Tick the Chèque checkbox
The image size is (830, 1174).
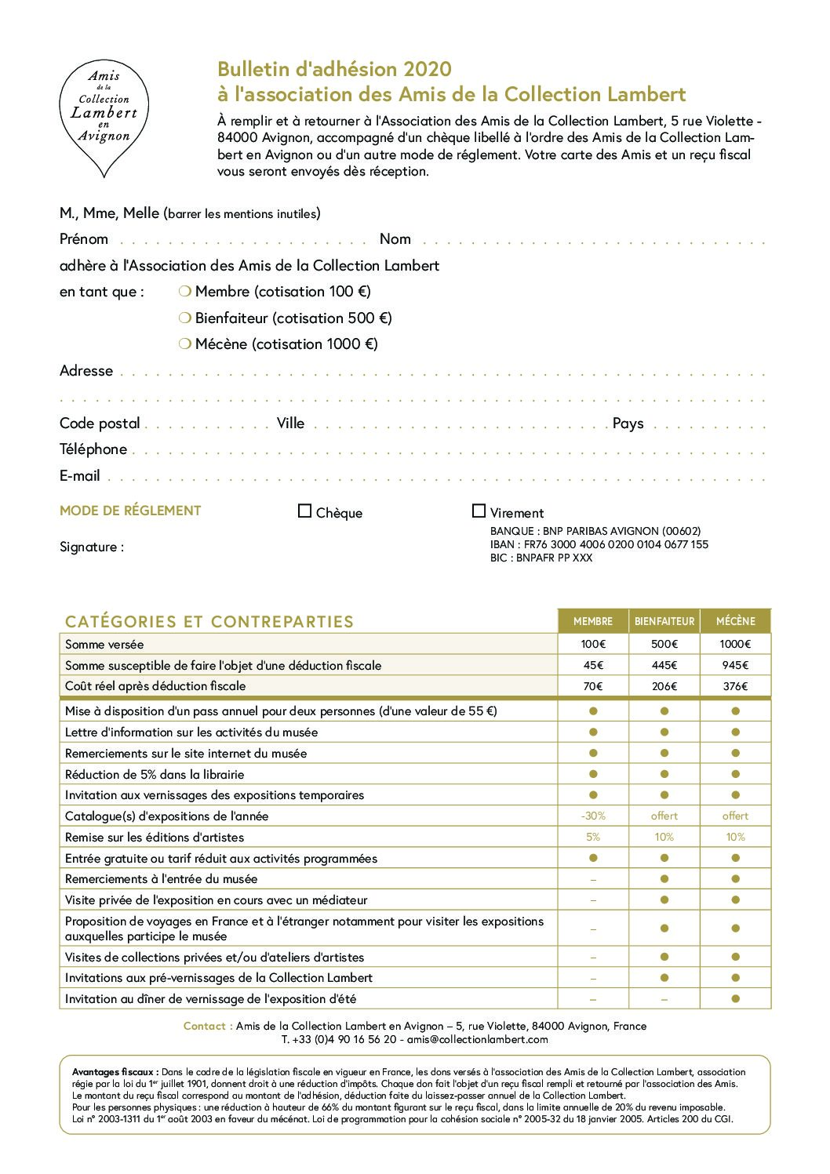pos(305,511)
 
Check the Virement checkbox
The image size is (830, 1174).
pos(479,511)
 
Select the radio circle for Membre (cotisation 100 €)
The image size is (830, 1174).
pos(185,292)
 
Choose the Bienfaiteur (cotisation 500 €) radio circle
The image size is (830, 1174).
pos(185,318)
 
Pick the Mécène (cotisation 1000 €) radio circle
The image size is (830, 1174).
pos(185,343)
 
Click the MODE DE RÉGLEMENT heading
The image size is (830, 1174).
pos(130,511)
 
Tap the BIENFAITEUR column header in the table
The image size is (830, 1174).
pos(664,621)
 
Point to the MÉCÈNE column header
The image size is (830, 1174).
pos(735,621)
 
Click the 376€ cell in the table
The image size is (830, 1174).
pos(735,686)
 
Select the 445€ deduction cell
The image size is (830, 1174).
pos(664,665)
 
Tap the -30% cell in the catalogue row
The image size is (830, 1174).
pos(593,816)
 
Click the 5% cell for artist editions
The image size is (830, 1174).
pos(593,837)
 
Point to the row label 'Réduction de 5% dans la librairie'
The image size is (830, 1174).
pos(155,774)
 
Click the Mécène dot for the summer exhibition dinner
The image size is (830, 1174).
pos(735,998)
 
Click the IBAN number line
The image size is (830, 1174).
pos(599,544)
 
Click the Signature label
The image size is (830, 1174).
pos(92,547)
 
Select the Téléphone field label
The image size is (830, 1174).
pos(93,449)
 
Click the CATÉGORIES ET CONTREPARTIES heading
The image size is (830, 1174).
pos(209,622)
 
